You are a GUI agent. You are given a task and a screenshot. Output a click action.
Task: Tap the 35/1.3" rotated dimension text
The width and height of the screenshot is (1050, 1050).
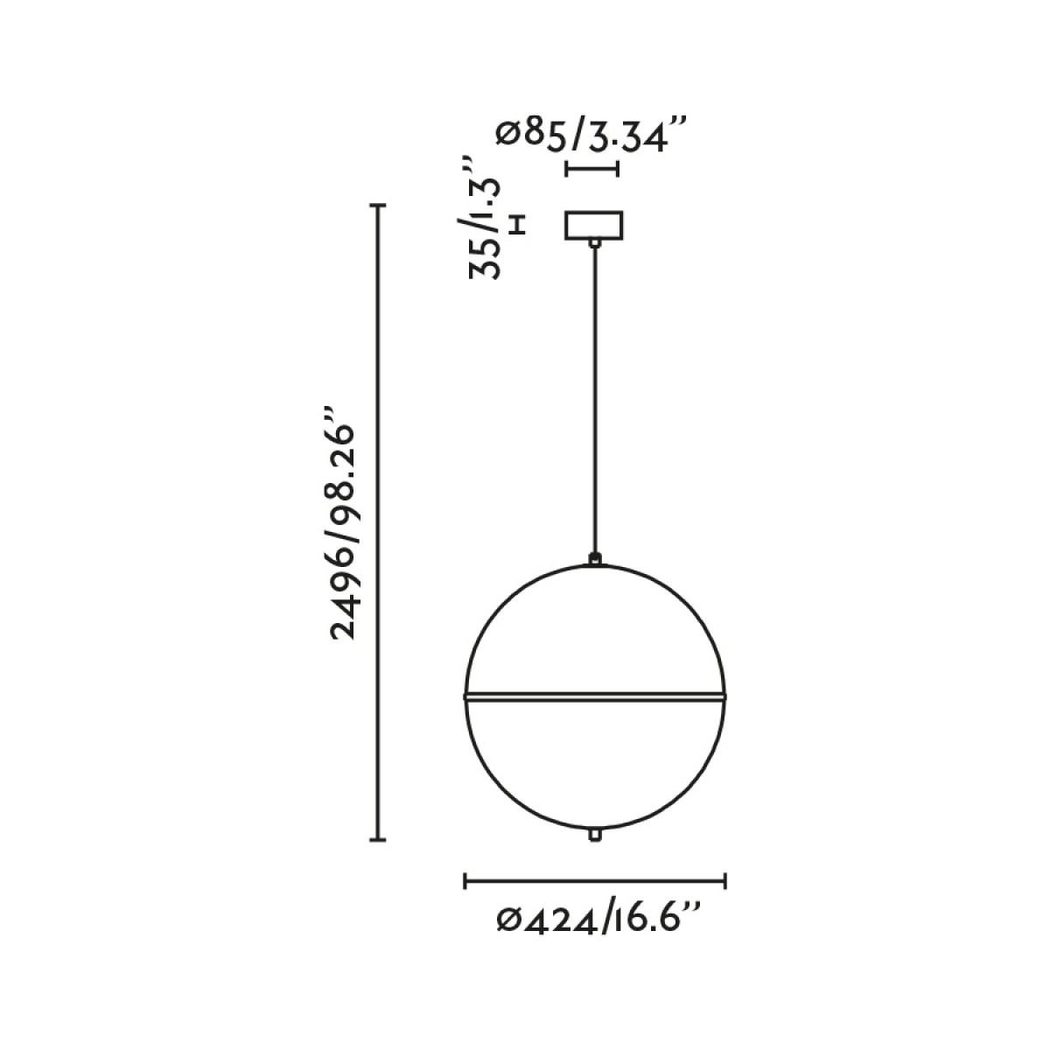pyautogui.click(x=485, y=218)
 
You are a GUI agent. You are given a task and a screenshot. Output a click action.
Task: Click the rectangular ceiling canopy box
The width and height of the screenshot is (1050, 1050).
pyautogui.click(x=594, y=225)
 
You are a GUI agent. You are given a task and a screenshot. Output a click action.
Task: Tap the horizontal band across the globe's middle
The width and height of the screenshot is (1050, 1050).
pyautogui.click(x=594, y=696)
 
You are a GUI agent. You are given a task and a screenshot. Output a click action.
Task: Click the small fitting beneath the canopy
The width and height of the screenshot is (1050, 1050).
pyautogui.click(x=594, y=244)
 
